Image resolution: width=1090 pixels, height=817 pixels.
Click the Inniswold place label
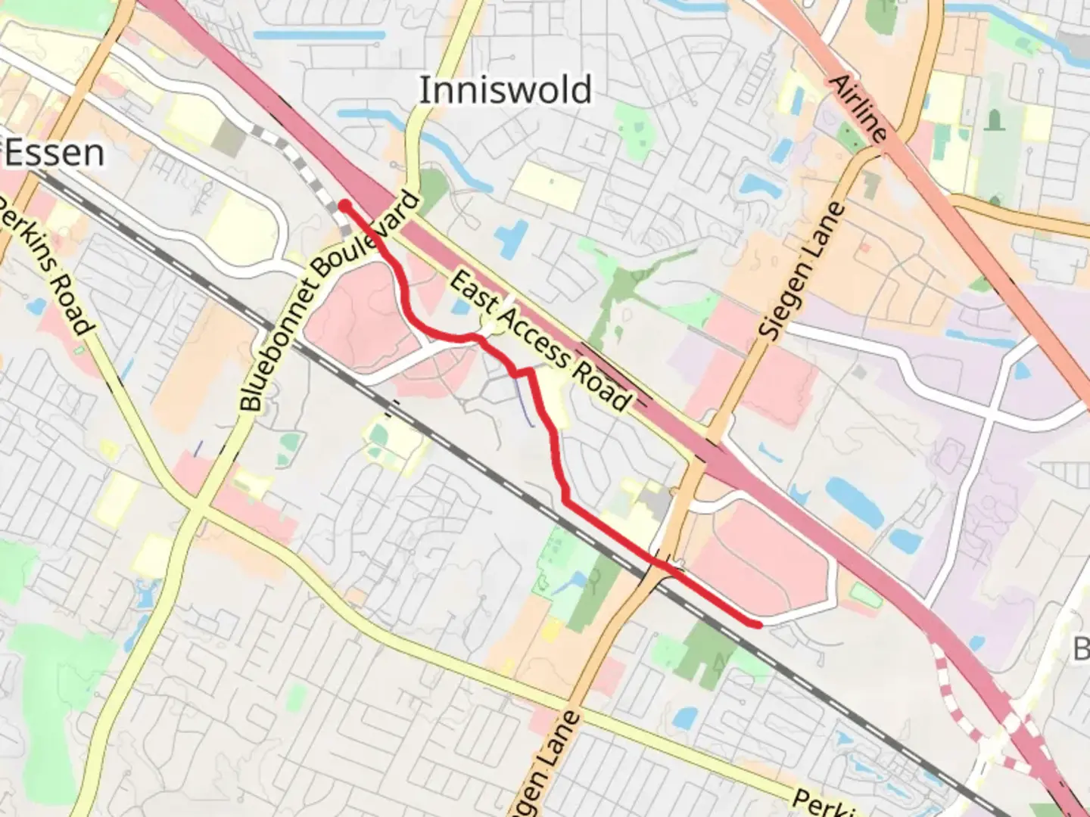(505, 90)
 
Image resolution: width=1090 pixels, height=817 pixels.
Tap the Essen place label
(54, 154)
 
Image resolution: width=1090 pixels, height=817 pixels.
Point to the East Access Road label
(539, 342)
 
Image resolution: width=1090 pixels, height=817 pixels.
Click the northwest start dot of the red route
(344, 205)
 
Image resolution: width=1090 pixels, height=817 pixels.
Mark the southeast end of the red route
(757, 624)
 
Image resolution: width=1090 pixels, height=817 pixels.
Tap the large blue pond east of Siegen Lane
(854, 502)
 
